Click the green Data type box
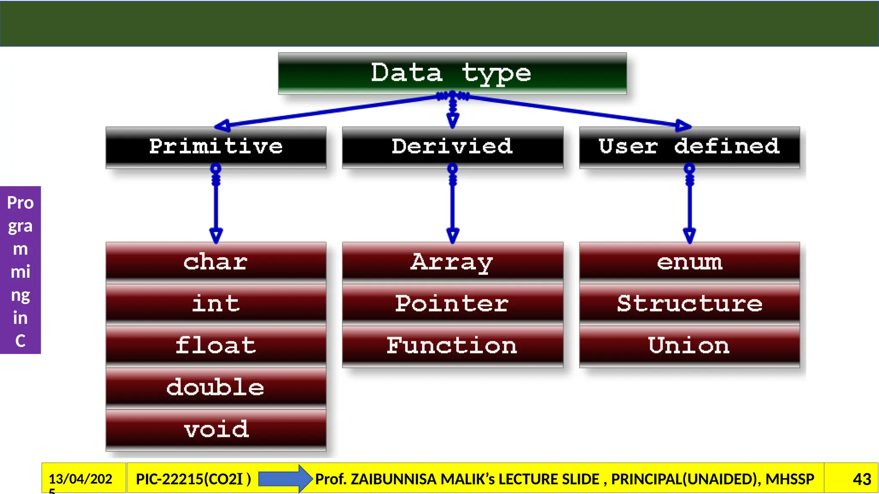452,73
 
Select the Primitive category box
216,147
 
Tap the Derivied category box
452,147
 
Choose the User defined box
689,147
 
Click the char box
216,262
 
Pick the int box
216,304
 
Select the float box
216,346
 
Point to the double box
216,387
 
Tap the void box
216,429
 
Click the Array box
452,262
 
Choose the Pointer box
452,304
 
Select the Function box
452,346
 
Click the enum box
689,262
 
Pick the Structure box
689,304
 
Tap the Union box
689,346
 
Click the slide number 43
861,479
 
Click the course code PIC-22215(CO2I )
193,479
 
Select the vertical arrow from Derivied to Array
452,206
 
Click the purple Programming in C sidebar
20,270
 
